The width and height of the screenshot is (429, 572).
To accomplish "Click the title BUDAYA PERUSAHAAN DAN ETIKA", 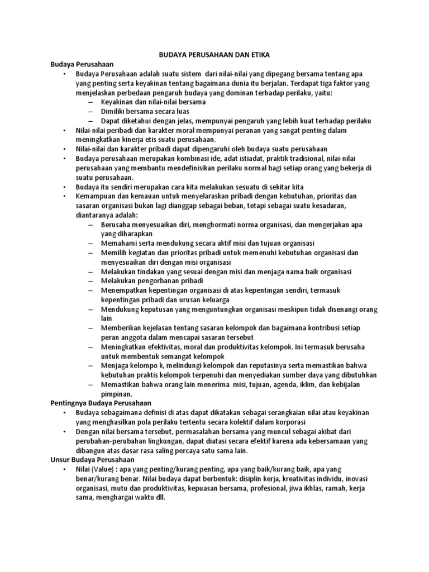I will point(215,55).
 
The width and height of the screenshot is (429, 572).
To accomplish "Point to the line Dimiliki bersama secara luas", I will point(145,112).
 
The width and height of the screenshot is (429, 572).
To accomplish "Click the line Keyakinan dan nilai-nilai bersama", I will point(154,102).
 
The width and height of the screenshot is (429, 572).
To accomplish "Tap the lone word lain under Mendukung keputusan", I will point(107,318).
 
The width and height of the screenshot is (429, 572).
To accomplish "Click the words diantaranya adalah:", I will point(107,215).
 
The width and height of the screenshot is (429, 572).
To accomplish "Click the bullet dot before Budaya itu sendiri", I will point(65,187).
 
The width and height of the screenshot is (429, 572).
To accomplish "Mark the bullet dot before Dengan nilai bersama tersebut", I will point(65,432).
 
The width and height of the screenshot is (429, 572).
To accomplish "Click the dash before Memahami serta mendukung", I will point(90,244).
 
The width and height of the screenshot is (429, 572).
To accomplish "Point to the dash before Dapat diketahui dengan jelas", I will point(90,121).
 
